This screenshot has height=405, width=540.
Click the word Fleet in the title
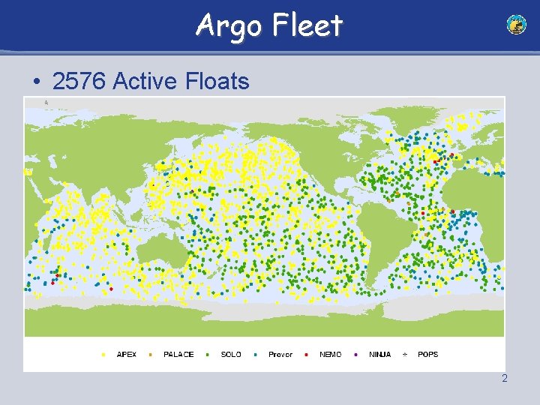coord(307,25)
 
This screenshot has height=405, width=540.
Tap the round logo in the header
coord(516,25)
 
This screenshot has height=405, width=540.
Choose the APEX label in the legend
coord(127,354)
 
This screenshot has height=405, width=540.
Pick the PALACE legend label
coord(178,354)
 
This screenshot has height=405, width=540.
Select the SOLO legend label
coord(231,354)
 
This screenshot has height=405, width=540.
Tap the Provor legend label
coord(280,354)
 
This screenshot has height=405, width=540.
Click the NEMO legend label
coord(331,354)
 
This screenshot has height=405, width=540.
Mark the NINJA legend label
coord(379,354)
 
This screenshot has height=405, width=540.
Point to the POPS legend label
coord(427,354)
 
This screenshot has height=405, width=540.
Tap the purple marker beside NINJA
coord(355,354)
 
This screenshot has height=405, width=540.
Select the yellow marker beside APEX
coord(103,354)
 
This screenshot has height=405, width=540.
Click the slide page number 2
coord(505,378)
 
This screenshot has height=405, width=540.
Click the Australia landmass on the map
coord(161,247)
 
